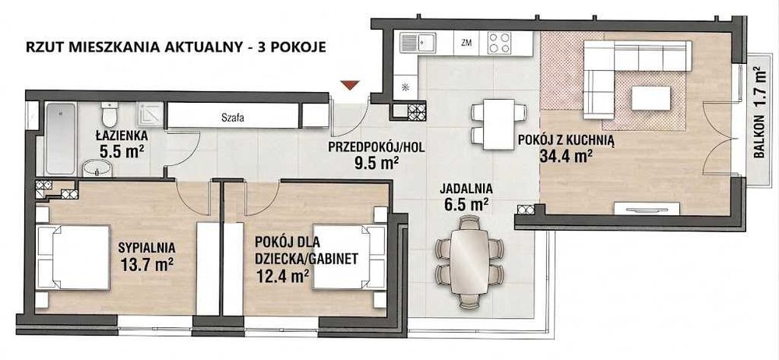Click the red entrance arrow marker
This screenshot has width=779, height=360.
click(351, 85)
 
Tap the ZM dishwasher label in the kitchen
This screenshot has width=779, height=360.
click(466, 43)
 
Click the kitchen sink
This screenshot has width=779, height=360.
click(418, 43)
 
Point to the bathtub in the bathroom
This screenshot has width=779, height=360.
click(60, 139)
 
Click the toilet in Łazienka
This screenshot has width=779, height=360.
click(109, 114)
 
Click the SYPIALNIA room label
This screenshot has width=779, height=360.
click(146, 246)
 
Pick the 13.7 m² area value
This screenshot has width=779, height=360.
click(146, 263)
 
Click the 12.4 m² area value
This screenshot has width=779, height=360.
click(281, 274)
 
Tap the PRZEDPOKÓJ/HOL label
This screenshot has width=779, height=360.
click(376, 147)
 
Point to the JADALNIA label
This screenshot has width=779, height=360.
click(466, 189)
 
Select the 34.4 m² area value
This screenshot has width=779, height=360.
click(566, 157)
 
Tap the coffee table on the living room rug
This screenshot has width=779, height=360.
click(651, 98)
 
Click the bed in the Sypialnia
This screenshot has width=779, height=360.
click(73, 256)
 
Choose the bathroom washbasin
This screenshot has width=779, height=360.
click(97, 168)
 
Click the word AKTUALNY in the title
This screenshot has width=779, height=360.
click(192, 48)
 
